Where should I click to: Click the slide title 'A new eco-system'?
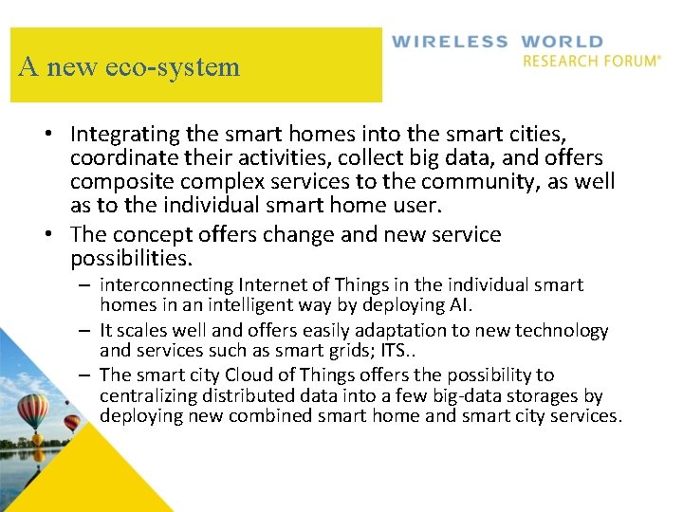(129, 67)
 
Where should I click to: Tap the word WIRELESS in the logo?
(450, 42)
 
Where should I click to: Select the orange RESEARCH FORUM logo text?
(591, 61)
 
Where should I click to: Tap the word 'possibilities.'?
(131, 258)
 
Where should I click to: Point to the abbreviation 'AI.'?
(458, 305)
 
